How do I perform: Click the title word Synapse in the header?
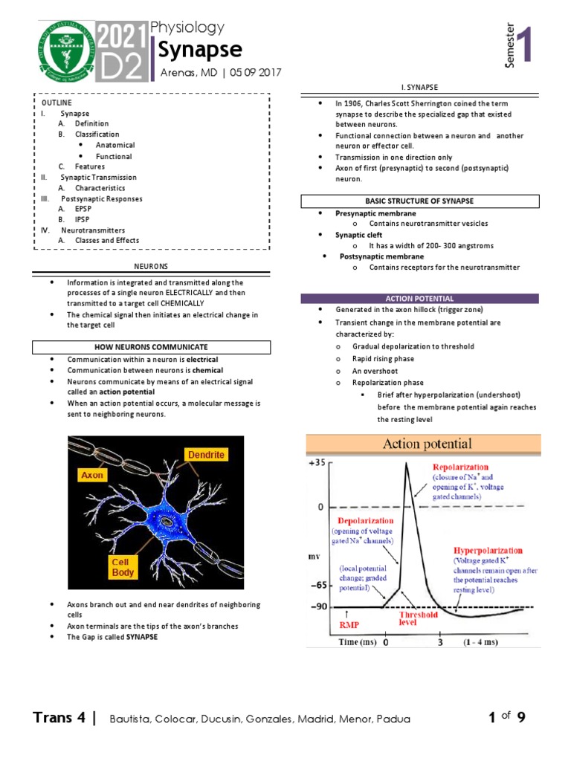196,50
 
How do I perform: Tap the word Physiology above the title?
187,28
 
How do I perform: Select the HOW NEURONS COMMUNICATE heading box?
151,347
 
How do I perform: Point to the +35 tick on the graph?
317,462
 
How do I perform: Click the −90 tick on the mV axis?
317,607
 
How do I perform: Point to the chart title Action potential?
427,444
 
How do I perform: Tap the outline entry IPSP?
83,220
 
